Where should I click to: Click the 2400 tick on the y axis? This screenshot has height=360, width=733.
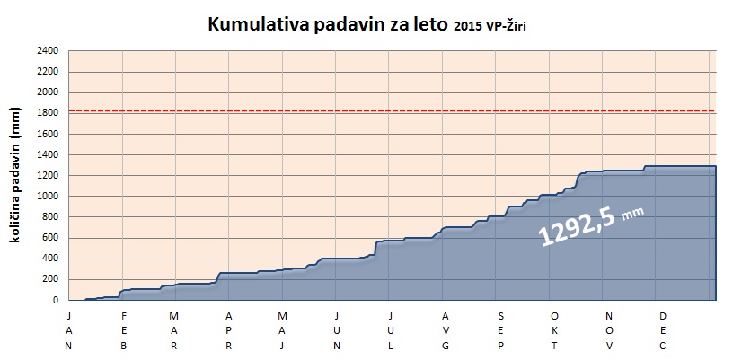coord(49,51)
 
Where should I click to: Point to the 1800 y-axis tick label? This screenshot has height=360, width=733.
coord(49,113)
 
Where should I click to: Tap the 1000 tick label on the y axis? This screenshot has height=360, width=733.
coord(49,197)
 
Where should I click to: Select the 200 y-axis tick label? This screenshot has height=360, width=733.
coord(51,280)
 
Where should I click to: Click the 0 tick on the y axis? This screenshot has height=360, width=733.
coord(56,301)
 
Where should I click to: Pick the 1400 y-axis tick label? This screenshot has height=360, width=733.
coord(49,155)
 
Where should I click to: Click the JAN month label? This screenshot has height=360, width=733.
coord(68,331)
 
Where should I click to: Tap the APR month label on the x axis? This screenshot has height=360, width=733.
coord(228,331)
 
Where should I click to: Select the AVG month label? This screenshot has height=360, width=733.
coord(446,331)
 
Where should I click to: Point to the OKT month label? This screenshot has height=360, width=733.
coord(554,331)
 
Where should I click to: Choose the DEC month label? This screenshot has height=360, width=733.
coord(663,331)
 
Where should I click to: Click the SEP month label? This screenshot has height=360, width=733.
coord(500,331)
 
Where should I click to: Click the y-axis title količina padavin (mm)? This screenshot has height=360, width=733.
coord(15,175)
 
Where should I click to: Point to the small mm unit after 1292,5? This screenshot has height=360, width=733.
coord(632,214)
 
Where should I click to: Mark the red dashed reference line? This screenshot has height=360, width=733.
coord(393,110)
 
